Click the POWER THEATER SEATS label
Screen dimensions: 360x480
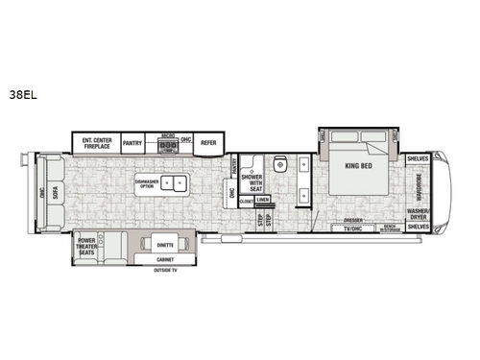click(89, 248)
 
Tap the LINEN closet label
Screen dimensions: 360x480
click(262, 200)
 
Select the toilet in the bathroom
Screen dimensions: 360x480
click(280, 163)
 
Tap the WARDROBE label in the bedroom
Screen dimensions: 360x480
click(419, 182)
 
